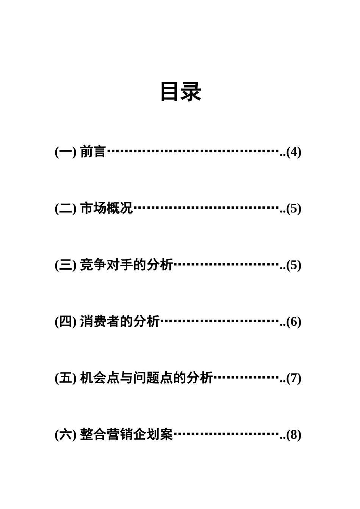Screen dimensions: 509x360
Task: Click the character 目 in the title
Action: [x=170, y=92]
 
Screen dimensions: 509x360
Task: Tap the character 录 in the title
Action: [x=191, y=92]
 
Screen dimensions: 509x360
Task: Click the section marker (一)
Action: [x=66, y=152]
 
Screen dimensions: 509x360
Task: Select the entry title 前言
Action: [x=93, y=152]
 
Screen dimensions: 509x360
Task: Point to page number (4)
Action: [x=294, y=152]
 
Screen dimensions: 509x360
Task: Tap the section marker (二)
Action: [x=66, y=209]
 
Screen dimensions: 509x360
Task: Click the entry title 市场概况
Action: [x=106, y=208]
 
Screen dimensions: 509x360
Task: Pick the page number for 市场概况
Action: [x=294, y=209]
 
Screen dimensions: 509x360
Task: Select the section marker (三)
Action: [x=66, y=265]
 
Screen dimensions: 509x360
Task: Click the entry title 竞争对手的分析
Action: [x=126, y=265]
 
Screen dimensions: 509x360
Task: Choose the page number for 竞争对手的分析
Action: [x=294, y=265]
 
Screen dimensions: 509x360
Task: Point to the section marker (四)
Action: [x=66, y=322]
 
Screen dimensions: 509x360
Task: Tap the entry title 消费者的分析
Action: [x=120, y=322]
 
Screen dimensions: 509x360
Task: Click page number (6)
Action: [x=294, y=322]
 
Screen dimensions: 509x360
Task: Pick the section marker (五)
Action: [x=66, y=378]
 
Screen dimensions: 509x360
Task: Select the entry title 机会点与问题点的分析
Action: [x=146, y=378]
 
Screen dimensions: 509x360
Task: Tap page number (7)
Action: [x=294, y=378]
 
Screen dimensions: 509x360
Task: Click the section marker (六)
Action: [x=66, y=435]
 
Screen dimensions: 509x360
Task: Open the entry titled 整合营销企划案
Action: [x=126, y=434]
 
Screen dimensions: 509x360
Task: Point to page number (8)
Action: [x=294, y=435]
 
